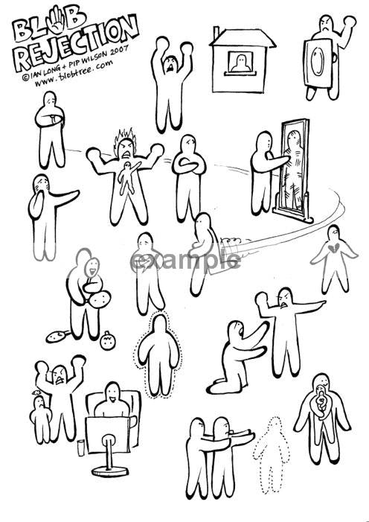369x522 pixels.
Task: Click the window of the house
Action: pyautogui.click(x=240, y=63)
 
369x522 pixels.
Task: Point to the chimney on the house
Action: pyautogui.click(x=216, y=34)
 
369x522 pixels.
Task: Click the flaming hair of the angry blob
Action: pyautogui.click(x=125, y=137)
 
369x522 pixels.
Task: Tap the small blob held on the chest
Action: pyautogui.click(x=128, y=176)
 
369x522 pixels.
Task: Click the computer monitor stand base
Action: pyautogui.click(x=110, y=471)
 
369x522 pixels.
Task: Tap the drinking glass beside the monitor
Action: pyautogui.click(x=81, y=448)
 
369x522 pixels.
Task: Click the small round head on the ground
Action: pyautogui.click(x=108, y=340)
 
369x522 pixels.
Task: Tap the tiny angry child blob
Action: pyautogui.click(x=41, y=418)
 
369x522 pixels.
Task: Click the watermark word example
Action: pyautogui.click(x=186, y=261)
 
